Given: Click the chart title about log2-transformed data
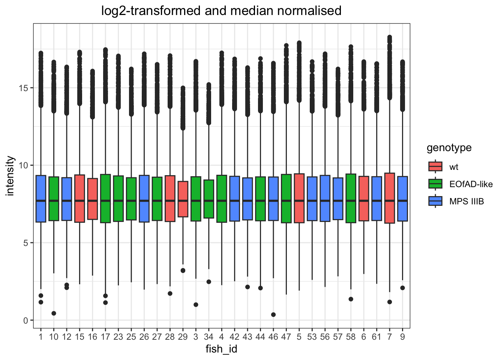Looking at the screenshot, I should click(x=221, y=11).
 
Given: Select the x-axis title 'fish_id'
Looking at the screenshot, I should click(x=221, y=349).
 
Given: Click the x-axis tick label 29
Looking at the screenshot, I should click(x=183, y=337).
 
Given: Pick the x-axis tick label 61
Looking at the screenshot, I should click(x=376, y=337).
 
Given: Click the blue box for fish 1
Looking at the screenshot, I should click(x=41, y=199).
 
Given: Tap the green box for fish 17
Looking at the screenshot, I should click(x=105, y=199).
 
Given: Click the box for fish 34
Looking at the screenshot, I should click(x=208, y=199).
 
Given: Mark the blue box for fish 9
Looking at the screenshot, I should click(x=402, y=199).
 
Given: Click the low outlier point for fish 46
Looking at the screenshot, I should click(x=273, y=315).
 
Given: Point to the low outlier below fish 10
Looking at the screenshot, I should click(x=54, y=313).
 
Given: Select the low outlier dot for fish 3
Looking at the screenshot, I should click(x=196, y=304).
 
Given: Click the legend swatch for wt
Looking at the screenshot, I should click(x=435, y=166).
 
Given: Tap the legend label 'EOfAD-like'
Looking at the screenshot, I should click(x=471, y=184).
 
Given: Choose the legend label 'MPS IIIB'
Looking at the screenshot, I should click(x=466, y=201).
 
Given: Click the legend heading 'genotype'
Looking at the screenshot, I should click(x=449, y=148).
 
